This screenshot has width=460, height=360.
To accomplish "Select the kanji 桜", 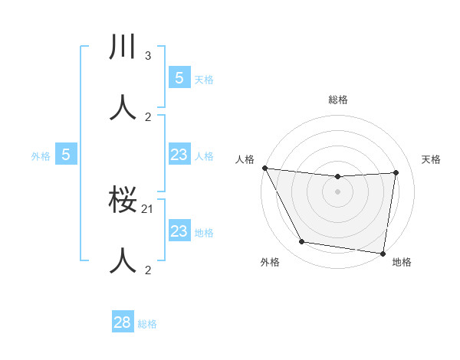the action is [x=123, y=201].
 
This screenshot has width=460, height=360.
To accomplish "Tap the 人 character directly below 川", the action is [x=123, y=106].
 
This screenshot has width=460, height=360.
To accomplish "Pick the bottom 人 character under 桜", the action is [x=123, y=260].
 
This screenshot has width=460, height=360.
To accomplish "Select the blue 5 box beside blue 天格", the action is [x=179, y=77].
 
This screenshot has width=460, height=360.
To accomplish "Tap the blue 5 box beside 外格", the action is [x=66, y=155].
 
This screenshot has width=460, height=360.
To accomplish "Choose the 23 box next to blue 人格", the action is [x=179, y=155].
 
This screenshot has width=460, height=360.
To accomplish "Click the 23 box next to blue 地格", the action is [x=179, y=231].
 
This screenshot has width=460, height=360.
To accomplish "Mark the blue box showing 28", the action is [x=123, y=322].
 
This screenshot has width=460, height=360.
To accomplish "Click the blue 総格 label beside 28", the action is [x=147, y=324].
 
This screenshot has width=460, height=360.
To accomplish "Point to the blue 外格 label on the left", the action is [x=40, y=156].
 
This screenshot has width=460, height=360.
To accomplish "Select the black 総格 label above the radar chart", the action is [x=337, y=100].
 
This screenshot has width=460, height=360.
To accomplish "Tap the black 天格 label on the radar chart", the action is [x=431, y=159].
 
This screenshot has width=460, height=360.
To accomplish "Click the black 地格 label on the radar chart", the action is [x=402, y=263].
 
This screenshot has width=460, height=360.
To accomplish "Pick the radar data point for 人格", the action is [x=264, y=168].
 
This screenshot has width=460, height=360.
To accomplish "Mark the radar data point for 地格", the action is [x=383, y=253].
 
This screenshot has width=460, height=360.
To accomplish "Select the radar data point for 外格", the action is [x=302, y=242].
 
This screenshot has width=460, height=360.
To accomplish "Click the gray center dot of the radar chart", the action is [x=337, y=191].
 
